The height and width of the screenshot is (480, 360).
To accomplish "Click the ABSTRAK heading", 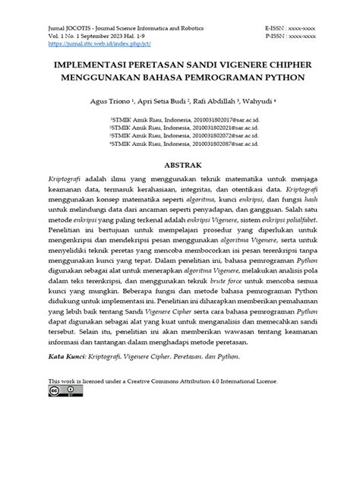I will (179, 164).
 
